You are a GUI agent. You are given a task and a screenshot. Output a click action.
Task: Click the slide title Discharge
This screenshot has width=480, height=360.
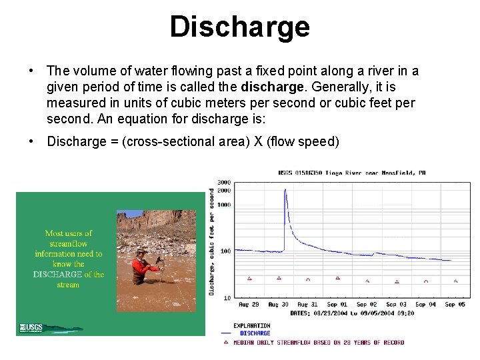point(239,27)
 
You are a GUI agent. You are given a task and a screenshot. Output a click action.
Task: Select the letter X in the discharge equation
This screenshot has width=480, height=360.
point(256,141)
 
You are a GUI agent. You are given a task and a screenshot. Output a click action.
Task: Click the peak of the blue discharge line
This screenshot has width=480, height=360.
point(285,190)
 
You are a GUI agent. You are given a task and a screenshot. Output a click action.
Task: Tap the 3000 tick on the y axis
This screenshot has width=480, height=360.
point(224,182)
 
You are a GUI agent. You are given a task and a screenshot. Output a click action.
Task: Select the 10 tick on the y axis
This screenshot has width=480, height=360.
point(227,297)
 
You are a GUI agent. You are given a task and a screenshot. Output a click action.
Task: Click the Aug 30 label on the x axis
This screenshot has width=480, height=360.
point(279,305)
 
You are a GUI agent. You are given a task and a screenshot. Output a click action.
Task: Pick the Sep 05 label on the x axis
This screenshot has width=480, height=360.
point(455,305)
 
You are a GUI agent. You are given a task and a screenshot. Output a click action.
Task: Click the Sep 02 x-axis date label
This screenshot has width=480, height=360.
point(367,305)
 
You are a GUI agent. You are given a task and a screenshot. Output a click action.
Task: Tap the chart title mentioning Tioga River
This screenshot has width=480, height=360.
point(351,173)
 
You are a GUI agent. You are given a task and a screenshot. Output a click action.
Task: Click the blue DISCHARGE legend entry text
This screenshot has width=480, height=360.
point(255,333)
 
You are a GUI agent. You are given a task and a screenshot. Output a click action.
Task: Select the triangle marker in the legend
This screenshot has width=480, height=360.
point(225,342)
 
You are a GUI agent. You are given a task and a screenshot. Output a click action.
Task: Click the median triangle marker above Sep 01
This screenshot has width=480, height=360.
point(337,278)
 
